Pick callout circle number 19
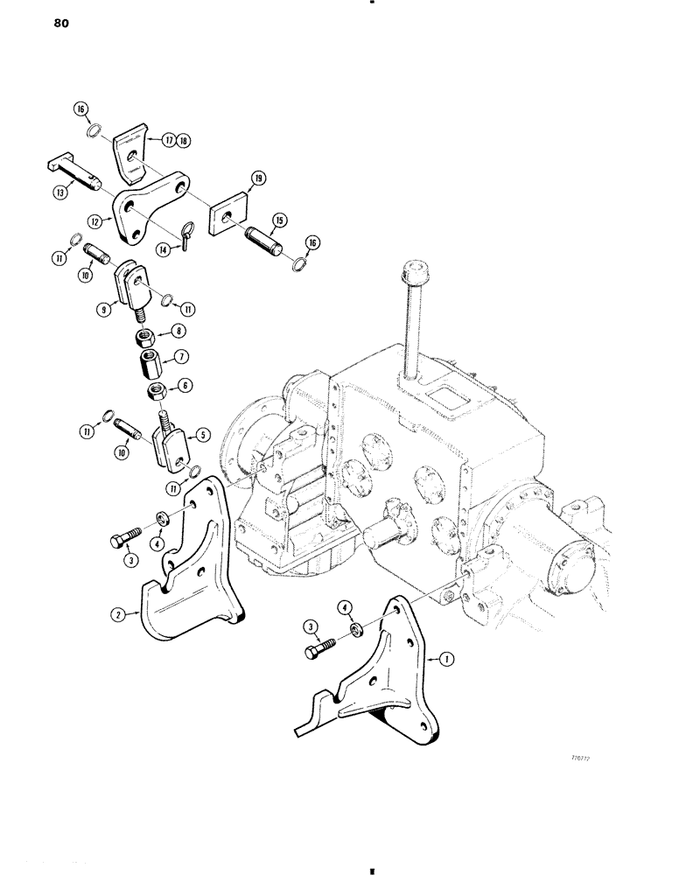click(x=258, y=179)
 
